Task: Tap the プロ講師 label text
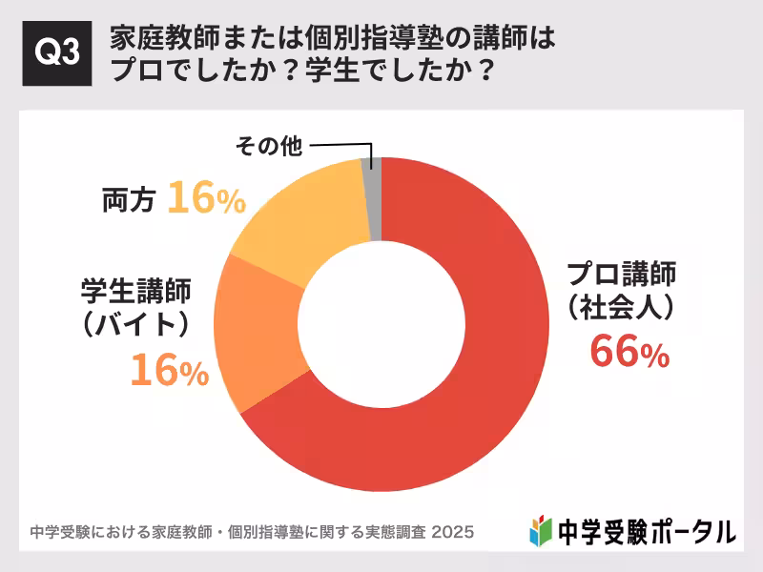click(x=621, y=275)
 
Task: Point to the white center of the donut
click(x=381, y=324)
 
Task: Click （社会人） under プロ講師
click(x=621, y=307)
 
